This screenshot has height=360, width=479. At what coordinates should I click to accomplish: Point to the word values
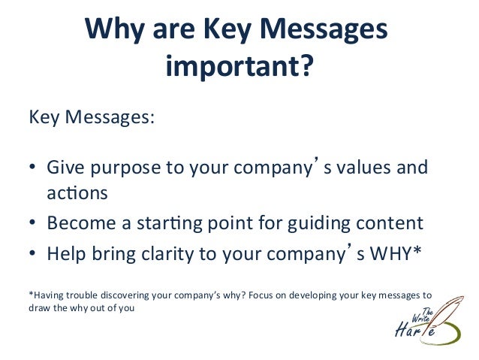(360, 167)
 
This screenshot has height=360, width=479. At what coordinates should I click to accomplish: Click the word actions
(77, 193)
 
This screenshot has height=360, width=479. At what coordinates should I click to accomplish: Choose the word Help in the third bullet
(66, 253)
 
